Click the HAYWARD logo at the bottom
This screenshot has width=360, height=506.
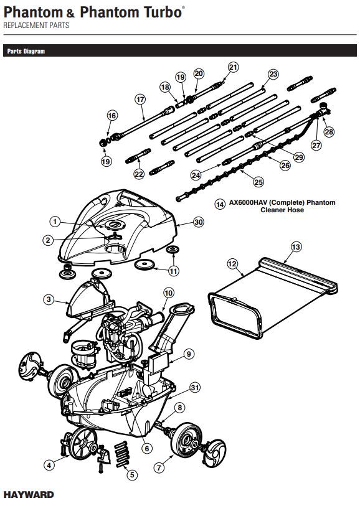(29, 495)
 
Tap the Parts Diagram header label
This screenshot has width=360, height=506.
(26, 52)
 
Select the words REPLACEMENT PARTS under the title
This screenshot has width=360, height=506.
(36, 26)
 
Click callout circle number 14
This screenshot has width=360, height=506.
(219, 204)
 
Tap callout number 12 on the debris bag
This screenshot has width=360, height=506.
(232, 264)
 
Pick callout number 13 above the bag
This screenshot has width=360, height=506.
(296, 247)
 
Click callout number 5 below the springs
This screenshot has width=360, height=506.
(131, 474)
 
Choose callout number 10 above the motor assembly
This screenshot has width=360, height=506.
(168, 293)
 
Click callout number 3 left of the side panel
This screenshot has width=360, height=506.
(48, 299)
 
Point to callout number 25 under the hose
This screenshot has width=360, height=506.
(258, 181)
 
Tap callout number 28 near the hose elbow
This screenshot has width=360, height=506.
(329, 132)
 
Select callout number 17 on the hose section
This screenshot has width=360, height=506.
(140, 99)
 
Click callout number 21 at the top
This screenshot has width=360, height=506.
(233, 67)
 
